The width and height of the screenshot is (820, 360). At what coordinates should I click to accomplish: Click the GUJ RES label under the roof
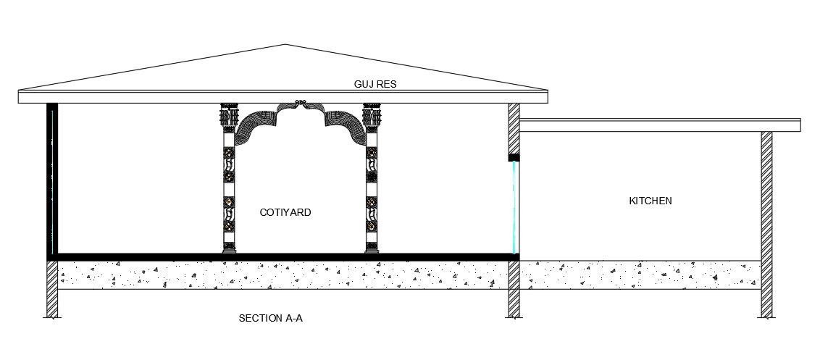[x=375, y=84]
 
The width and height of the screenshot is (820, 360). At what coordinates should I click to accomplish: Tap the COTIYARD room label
[x=285, y=212]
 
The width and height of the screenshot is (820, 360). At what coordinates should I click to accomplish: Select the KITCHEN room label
[x=650, y=201]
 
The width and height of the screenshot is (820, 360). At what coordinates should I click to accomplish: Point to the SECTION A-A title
[x=270, y=318]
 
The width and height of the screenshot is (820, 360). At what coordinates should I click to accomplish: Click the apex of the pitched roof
[x=286, y=46]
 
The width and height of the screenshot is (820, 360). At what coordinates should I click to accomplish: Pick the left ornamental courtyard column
[x=229, y=188]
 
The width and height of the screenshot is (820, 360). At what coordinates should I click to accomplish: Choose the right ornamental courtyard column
[x=372, y=188]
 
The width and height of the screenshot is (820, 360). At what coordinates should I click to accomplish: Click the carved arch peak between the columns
[x=301, y=106]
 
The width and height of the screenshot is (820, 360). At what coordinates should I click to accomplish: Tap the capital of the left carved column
[x=229, y=116]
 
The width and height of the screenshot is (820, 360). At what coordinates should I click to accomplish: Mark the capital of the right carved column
[x=372, y=116]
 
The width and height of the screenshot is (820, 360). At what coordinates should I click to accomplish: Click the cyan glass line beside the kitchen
[x=514, y=206]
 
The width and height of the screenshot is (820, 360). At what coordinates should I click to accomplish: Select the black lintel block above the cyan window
[x=514, y=157]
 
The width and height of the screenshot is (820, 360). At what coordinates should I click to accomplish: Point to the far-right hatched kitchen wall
[x=766, y=196]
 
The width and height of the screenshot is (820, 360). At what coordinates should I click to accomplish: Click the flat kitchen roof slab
[x=659, y=125]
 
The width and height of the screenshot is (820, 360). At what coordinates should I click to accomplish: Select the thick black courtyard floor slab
[x=283, y=256]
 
